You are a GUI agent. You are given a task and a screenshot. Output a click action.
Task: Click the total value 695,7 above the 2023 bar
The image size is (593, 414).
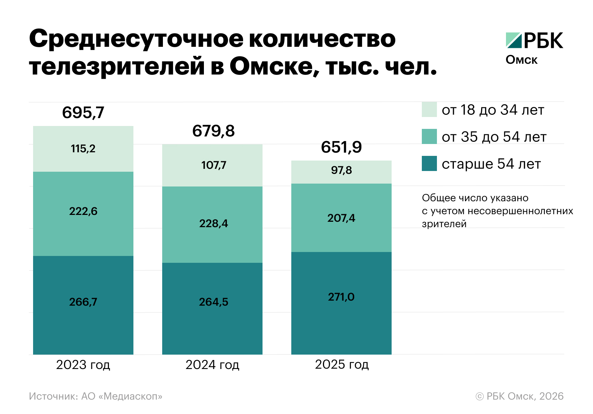[x=83, y=113]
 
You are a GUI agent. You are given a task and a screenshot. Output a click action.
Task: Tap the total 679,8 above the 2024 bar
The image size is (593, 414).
[x=213, y=131]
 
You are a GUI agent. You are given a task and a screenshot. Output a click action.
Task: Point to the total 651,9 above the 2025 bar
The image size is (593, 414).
[x=341, y=147]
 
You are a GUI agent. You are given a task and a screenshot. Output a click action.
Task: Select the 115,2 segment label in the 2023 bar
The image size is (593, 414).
[x=83, y=149]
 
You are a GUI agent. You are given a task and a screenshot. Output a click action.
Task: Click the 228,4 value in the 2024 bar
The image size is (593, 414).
[x=214, y=224]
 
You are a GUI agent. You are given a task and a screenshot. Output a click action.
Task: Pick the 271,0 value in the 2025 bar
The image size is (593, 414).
[x=341, y=297]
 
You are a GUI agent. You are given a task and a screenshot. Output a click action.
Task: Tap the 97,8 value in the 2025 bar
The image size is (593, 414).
[x=341, y=170]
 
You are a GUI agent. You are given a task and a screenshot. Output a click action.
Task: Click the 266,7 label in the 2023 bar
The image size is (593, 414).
[x=83, y=302]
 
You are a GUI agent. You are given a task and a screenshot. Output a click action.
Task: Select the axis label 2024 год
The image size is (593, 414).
[x=212, y=365]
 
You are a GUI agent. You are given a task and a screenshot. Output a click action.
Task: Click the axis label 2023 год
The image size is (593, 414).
[x=83, y=365]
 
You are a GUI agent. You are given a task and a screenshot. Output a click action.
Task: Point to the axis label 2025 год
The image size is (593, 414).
[x=342, y=365]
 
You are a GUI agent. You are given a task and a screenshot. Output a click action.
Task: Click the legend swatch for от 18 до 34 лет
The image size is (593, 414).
[x=429, y=109]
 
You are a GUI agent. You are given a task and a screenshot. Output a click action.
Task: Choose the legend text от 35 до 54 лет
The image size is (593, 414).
[x=494, y=137]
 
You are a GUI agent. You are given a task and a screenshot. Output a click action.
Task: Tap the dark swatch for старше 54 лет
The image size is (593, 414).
[x=429, y=163]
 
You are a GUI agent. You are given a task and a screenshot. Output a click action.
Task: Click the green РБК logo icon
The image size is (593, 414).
[x=513, y=40]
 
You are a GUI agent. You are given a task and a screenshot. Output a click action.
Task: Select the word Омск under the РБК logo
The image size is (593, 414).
[x=521, y=60]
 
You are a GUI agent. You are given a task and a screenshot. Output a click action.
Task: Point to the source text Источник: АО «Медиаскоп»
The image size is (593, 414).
[x=96, y=396]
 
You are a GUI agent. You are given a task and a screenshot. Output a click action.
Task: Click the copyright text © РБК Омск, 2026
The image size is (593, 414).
[x=519, y=396]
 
